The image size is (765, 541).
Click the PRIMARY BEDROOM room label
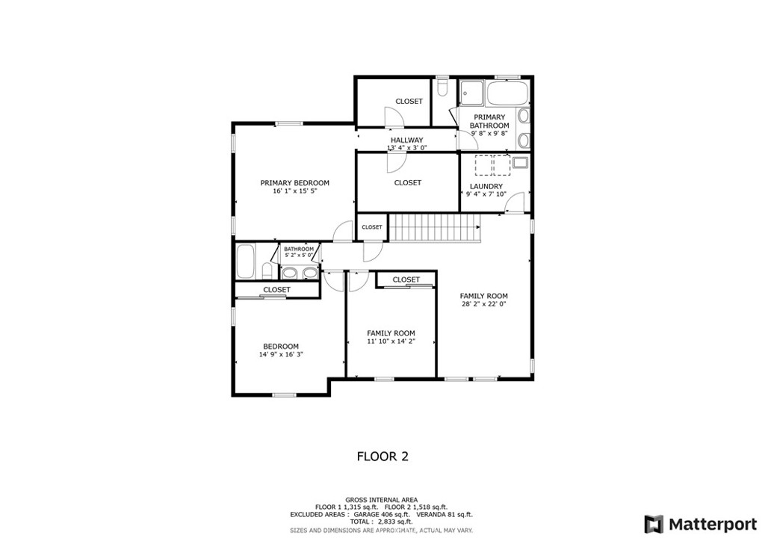pyautogui.click(x=294, y=183)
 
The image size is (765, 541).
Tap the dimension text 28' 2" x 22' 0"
pyautogui.click(x=483, y=304)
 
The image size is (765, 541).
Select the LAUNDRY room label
pyautogui.click(x=486, y=186)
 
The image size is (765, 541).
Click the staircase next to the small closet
pyautogui.click(x=435, y=227)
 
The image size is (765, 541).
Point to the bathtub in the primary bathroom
pyautogui.click(x=508, y=93)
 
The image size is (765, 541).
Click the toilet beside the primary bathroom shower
pyautogui.click(x=443, y=87)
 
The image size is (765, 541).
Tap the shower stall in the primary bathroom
pyautogui.click(x=472, y=93)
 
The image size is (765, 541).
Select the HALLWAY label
pyautogui.click(x=407, y=140)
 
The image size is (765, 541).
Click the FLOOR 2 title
pyautogui.click(x=382, y=457)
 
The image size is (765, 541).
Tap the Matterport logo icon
pyautogui.click(x=654, y=525)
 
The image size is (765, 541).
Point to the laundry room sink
pyautogui.click(x=519, y=162)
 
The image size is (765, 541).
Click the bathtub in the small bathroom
pyautogui.click(x=245, y=262)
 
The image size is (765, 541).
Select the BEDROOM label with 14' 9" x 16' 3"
pyautogui.click(x=281, y=347)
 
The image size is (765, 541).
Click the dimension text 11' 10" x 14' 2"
pyautogui.click(x=391, y=341)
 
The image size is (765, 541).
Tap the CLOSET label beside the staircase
pyautogui.click(x=372, y=227)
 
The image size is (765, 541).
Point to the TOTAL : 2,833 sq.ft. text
pyautogui.click(x=382, y=522)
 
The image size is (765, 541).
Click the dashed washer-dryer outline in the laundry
pyautogui.click(x=493, y=165)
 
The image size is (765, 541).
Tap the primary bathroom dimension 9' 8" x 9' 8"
pyautogui.click(x=489, y=133)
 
